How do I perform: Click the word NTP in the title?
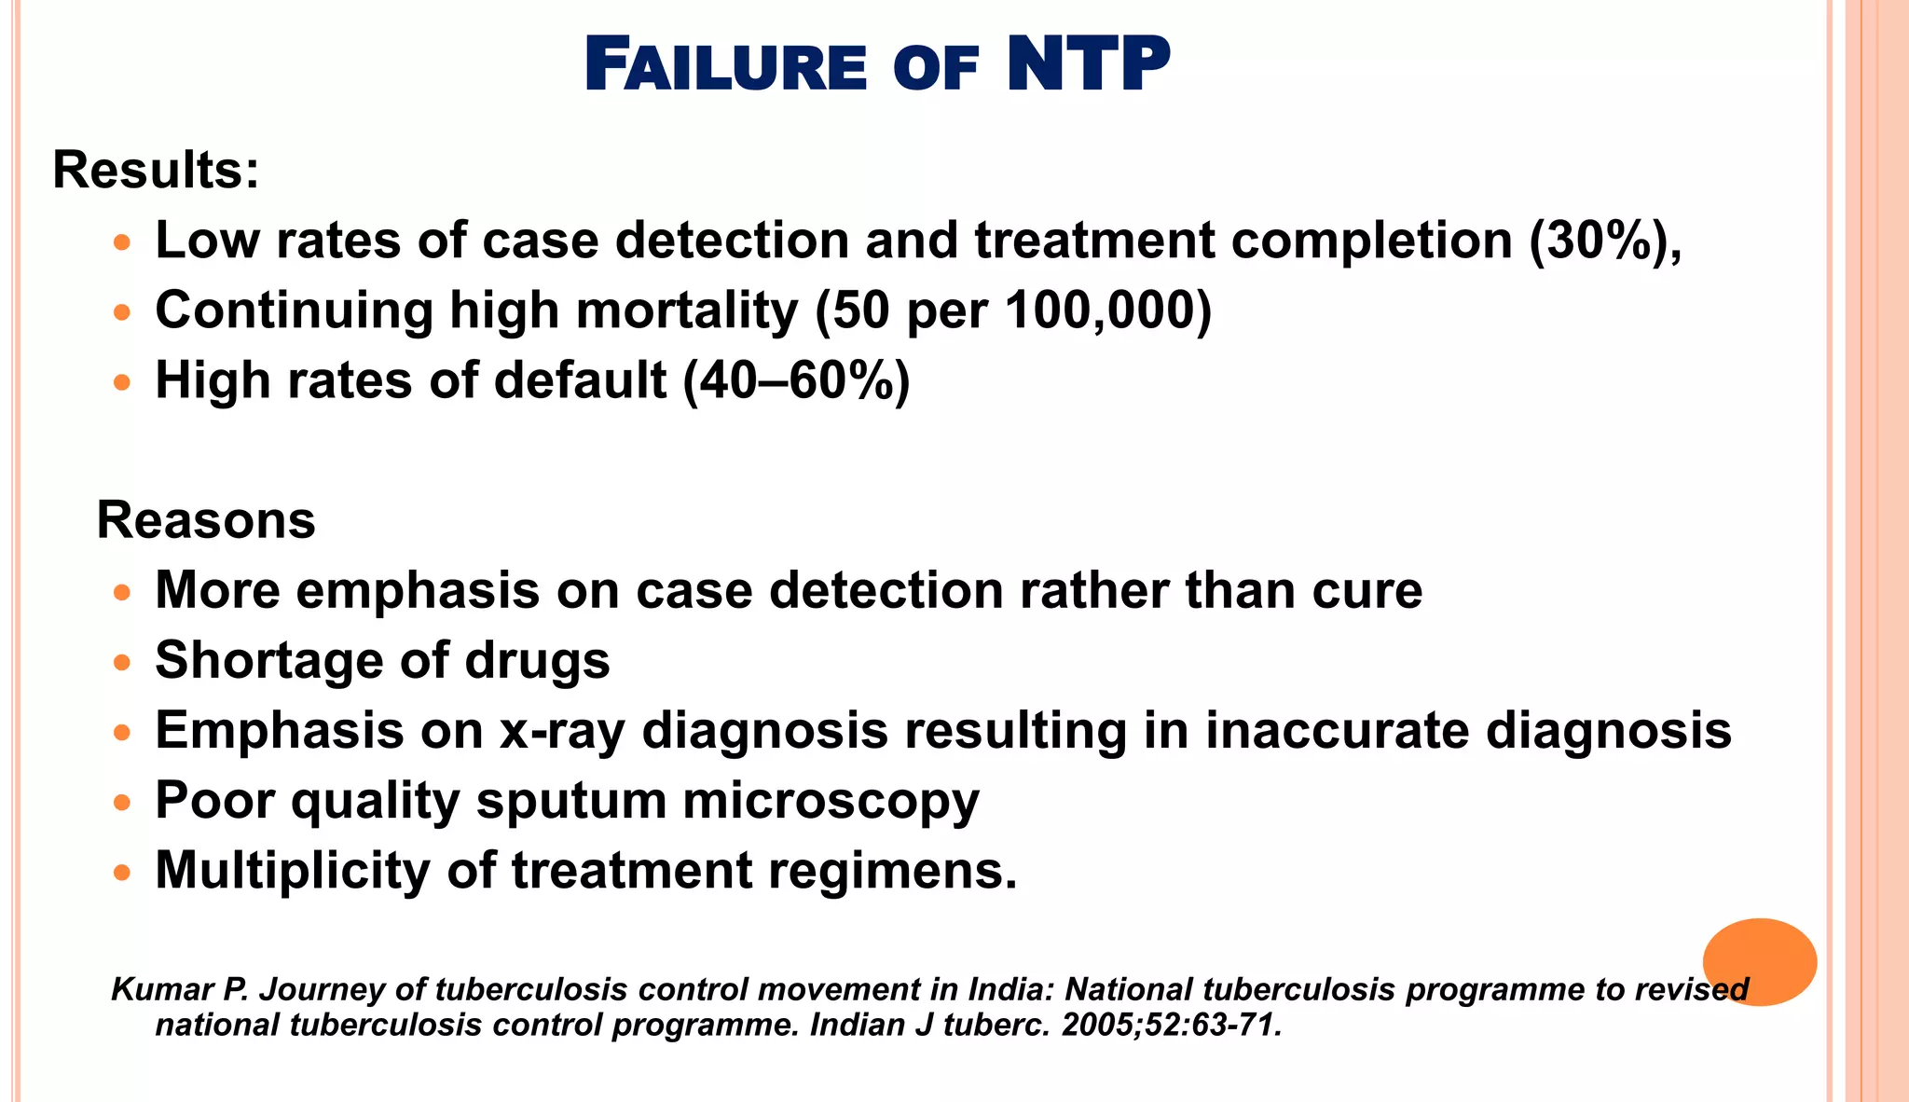point(1088,65)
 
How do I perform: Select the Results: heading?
point(156,171)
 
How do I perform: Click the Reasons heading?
point(206,520)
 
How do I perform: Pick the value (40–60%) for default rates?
point(796,380)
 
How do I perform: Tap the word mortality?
point(687,310)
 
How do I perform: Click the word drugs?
point(538,660)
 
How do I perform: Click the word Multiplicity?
point(293,870)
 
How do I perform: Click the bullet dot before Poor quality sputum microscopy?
point(122,803)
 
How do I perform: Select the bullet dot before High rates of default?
point(122,383)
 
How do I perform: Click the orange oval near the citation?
point(1759,961)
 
